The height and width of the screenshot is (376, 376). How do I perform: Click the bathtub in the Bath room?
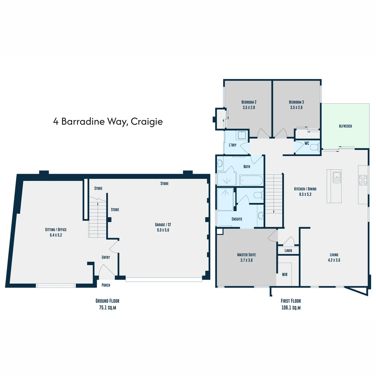[251, 180]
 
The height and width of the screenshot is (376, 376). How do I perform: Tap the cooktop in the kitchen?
[363, 180]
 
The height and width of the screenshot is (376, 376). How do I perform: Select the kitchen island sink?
[336, 177]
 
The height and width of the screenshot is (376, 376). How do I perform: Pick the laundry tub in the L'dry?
[241, 135]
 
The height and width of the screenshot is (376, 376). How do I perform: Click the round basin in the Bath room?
[220, 163]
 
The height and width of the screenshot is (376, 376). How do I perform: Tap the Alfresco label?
[345, 126]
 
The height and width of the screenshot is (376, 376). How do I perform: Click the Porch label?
[105, 285]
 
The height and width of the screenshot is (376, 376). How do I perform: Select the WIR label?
[284, 274]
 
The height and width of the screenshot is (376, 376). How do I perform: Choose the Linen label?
[288, 251]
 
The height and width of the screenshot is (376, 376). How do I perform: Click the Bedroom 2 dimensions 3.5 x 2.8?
[249, 108]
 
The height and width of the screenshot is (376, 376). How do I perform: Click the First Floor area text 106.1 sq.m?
[291, 308]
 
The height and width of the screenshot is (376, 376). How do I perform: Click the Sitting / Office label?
[56, 229]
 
